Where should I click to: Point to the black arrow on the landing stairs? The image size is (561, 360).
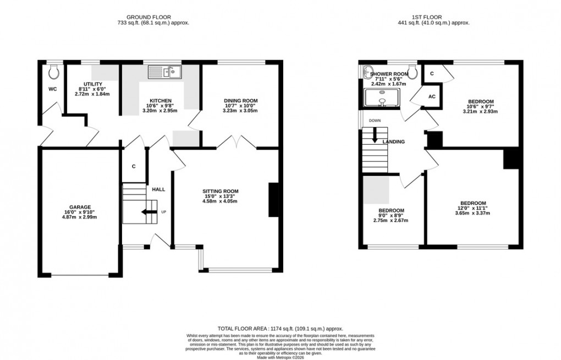[x=375, y=135]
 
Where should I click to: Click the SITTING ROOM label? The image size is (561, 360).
[x=220, y=191]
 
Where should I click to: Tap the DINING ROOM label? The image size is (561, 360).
[x=240, y=101]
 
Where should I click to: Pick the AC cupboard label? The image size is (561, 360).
[x=432, y=97]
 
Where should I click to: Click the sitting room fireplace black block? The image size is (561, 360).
[x=272, y=200]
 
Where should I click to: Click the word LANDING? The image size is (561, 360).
[x=394, y=142]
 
